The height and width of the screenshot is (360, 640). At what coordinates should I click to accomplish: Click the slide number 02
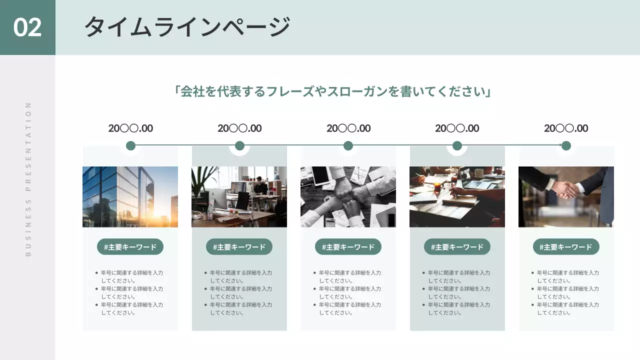27,27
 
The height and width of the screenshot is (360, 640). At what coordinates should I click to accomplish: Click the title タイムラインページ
187,27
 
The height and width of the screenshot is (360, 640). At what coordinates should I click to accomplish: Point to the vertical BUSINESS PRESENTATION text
28,179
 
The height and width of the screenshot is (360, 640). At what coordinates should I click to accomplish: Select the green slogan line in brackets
332,92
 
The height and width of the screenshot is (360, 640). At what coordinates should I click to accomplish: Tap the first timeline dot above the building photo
130,145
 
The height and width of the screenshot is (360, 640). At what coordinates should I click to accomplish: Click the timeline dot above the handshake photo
566,145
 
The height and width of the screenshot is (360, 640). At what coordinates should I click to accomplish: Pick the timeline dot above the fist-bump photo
348,145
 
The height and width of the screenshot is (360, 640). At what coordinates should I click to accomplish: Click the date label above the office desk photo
239,128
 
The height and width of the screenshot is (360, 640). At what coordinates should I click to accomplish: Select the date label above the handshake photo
566,128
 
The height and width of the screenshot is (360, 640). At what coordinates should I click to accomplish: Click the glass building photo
130,196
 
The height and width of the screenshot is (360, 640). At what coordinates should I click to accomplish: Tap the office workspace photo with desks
239,196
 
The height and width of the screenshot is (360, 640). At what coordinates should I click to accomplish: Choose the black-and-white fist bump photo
348,196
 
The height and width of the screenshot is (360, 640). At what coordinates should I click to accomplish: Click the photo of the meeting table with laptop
457,196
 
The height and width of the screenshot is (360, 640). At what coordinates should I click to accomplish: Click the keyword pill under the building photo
130,246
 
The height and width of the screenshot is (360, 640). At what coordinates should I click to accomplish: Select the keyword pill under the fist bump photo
348,246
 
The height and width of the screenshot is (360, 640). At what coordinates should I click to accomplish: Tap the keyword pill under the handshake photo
566,246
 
